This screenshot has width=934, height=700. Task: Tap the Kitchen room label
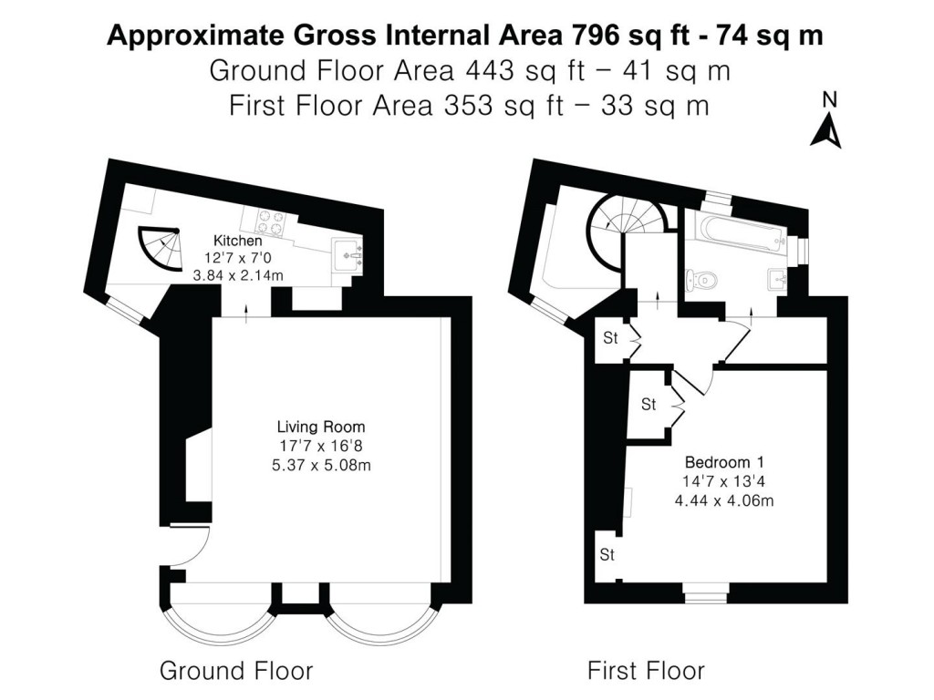[x=238, y=241]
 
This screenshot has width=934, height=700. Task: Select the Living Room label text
[x=321, y=427]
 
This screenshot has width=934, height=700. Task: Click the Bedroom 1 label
[x=724, y=462]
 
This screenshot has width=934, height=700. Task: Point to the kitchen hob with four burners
[x=270, y=222]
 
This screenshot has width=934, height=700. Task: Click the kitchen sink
[x=348, y=255]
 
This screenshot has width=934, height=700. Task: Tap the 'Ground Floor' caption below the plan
[x=236, y=671]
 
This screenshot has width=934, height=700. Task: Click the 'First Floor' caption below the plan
[x=647, y=671]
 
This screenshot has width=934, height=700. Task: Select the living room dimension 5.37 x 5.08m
[x=321, y=465]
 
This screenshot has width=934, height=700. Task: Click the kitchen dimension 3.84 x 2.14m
[x=238, y=275]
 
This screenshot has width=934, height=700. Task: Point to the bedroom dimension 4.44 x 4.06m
[x=724, y=500]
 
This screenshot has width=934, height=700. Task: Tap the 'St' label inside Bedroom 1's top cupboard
[x=649, y=405]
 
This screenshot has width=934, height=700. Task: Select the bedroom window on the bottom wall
[x=705, y=594]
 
